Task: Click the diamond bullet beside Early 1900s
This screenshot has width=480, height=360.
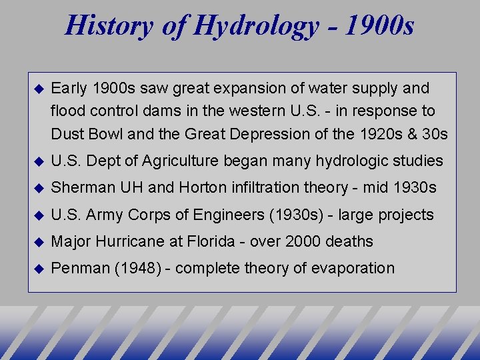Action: [38, 88]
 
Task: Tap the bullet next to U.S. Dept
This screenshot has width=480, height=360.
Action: [38, 161]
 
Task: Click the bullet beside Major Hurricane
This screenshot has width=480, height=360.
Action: [38, 241]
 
